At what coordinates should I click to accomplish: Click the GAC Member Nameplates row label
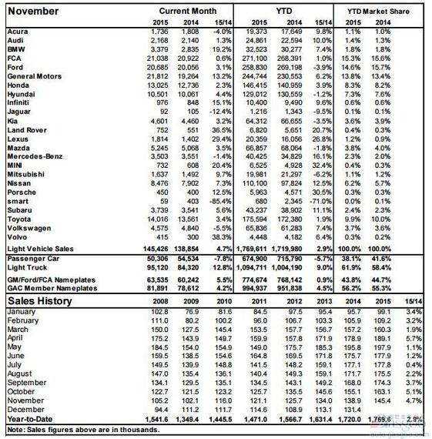[x=51, y=287]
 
